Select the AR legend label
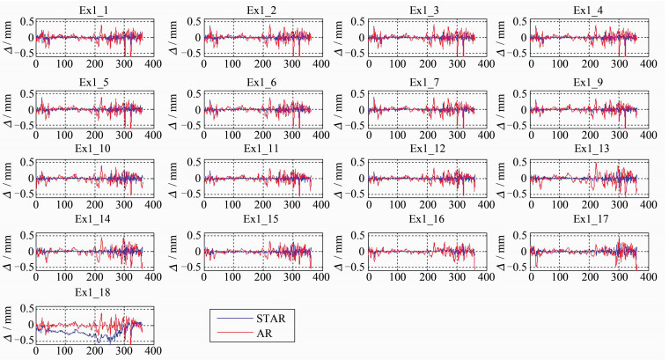(269, 334)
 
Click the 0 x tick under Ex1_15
(202, 278)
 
